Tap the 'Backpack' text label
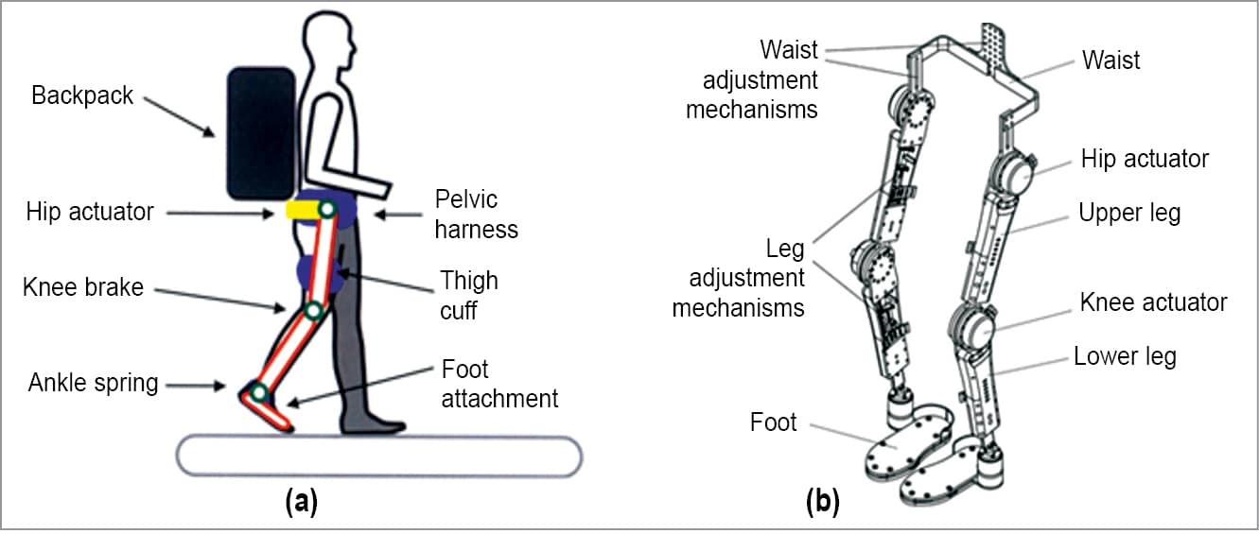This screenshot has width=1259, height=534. coord(82,95)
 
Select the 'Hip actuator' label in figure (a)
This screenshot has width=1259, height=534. coord(90,211)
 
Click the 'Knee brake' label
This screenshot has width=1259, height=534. coord(83,286)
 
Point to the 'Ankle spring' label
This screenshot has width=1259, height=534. coord(93,383)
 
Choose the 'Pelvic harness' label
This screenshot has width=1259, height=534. coord(476,215)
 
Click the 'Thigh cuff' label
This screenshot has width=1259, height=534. coord(468,295)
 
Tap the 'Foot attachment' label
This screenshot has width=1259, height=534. coord(499,384)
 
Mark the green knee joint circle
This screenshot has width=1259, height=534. coord(315,311)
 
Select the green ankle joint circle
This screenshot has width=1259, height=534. coord(259,393)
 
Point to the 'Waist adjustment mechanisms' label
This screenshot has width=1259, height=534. coord(752,78)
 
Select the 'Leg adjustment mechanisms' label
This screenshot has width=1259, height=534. coord(738,278)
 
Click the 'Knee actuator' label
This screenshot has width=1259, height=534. coord(1153,302)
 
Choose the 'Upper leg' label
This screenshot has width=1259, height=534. coord(1129,213)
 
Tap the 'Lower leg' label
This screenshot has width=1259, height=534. coord(1125,357)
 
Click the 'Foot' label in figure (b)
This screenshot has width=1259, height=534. coord(774,422)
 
